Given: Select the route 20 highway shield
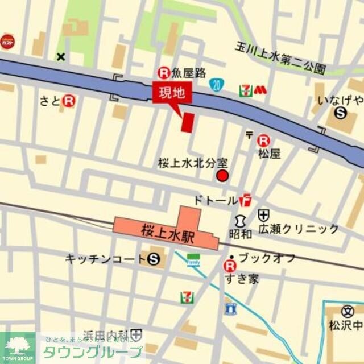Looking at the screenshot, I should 216,85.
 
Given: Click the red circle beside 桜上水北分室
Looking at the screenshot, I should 222,176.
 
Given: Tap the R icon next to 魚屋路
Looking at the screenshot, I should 164,72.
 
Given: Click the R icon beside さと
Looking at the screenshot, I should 69,101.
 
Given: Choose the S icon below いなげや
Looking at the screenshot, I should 341,113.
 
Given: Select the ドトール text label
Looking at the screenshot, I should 215,200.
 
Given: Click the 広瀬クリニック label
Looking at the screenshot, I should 298,229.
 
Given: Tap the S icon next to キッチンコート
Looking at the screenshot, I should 152,259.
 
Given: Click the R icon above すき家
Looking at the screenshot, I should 230,265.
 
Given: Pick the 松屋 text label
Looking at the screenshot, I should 269,154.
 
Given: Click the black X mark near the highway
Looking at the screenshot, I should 61,56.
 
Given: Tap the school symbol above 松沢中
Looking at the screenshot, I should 348,312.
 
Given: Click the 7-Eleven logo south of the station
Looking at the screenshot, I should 185,297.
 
